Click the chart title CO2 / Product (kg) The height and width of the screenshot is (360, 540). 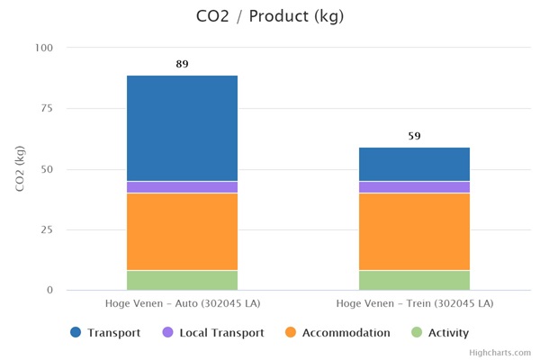(x=269, y=16)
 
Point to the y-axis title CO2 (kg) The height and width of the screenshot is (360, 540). (x=19, y=168)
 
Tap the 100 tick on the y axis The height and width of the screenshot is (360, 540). (x=43, y=48)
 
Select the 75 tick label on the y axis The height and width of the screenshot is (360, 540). (x=46, y=109)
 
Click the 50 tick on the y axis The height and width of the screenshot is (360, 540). (x=46, y=169)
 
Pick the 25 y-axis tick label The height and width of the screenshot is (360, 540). (x=46, y=230)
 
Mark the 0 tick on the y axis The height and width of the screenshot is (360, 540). (x=49, y=291)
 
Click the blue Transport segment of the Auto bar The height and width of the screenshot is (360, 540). (x=182, y=128)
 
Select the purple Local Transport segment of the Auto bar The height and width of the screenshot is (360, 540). (x=182, y=187)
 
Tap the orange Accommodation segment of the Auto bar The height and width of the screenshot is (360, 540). (x=182, y=231)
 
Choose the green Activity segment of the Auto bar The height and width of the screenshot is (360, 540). (x=182, y=280)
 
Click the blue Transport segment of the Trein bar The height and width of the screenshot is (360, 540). (x=414, y=164)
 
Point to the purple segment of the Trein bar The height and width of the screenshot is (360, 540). (x=414, y=187)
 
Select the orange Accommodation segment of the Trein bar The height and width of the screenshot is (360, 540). (x=414, y=231)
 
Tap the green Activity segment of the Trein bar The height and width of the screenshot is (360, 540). (x=414, y=280)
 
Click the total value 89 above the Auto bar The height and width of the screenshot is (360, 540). (x=182, y=65)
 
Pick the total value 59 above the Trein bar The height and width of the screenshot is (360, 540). (x=414, y=137)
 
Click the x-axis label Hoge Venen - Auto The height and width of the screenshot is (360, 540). (x=182, y=304)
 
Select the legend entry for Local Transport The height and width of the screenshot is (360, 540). (x=212, y=333)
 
